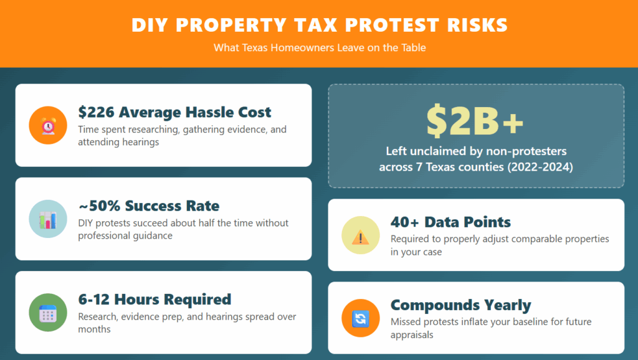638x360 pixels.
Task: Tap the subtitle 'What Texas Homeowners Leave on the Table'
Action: tap(320, 47)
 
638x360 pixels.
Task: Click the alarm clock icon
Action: tap(48, 125)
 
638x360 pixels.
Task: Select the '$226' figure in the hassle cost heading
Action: tap(96, 112)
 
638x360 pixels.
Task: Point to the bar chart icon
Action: tap(48, 219)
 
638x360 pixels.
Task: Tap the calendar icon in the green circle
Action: tap(48, 312)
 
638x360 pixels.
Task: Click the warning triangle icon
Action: tap(360, 235)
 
